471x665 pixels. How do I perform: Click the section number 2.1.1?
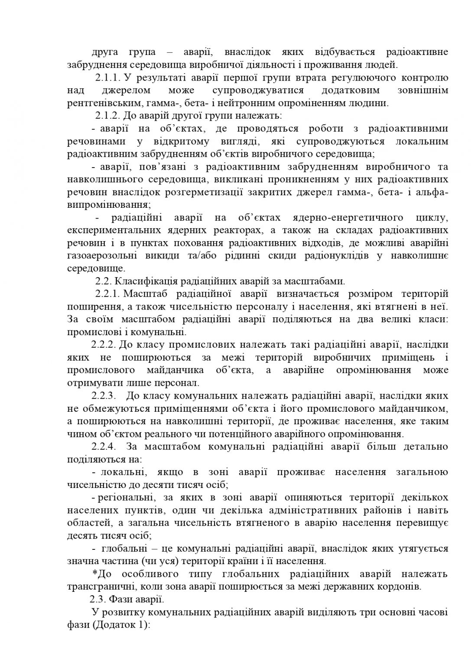107,78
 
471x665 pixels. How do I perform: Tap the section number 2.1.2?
107,116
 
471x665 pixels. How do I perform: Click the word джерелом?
126,90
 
